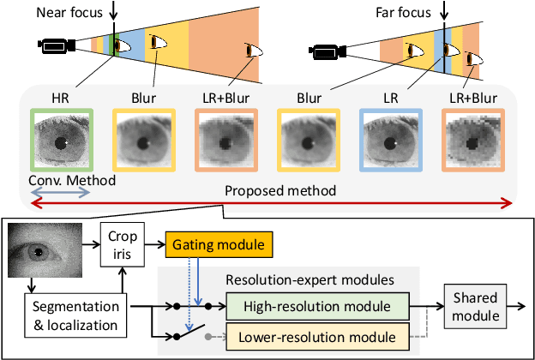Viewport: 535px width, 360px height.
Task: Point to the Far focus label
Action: [403, 13]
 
